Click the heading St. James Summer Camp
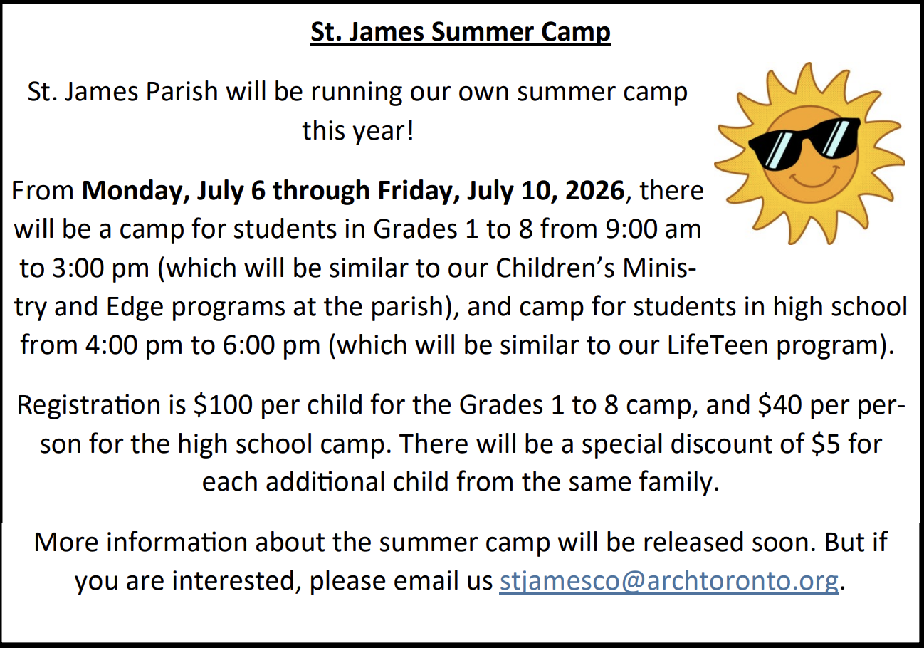(461, 33)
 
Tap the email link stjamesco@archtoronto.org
(668, 581)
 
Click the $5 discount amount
(828, 444)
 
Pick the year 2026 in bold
(595, 191)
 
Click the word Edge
(133, 307)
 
